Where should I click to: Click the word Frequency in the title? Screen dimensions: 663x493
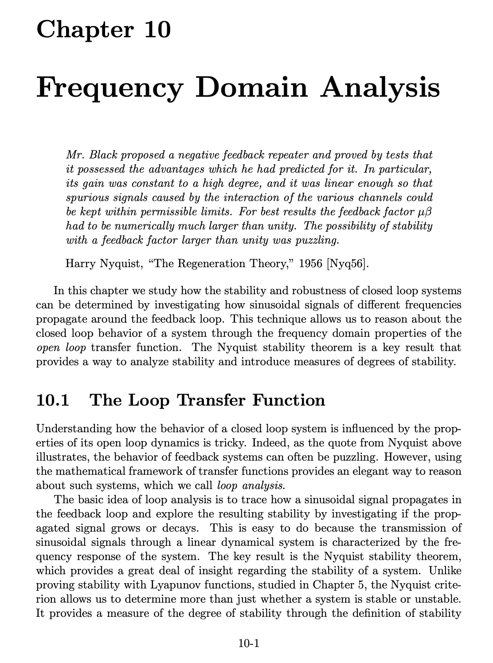click(109, 87)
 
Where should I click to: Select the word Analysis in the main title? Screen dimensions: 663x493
click(381, 87)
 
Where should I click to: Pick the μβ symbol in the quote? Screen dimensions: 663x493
click(425, 212)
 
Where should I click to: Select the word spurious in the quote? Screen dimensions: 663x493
click(83, 197)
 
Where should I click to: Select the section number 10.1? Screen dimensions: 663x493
click(53, 400)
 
